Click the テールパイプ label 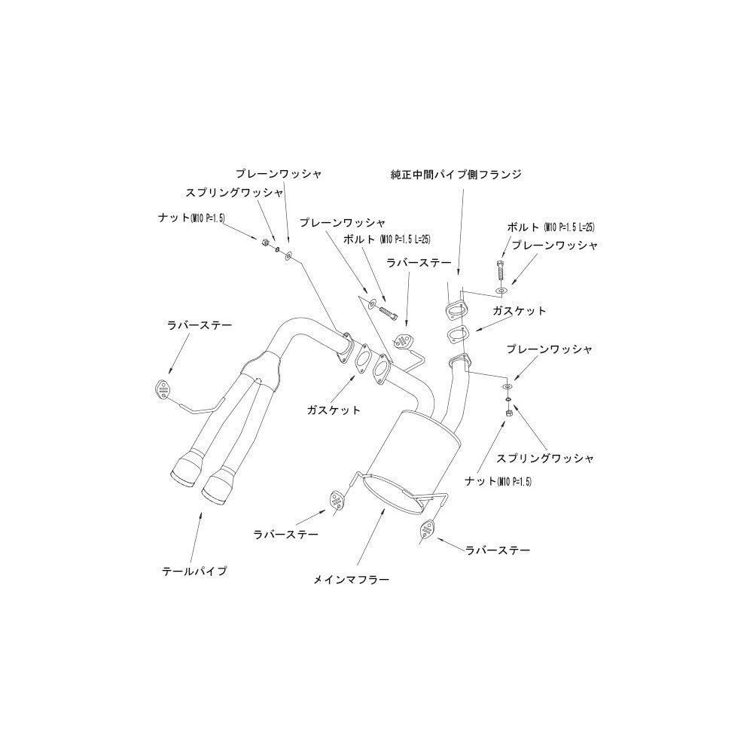tap(194, 572)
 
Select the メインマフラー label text tap(351, 580)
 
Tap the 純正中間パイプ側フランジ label tap(456, 175)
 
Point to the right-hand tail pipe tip tap(219, 488)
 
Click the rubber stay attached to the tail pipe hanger tap(163, 389)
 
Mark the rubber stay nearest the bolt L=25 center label tap(401, 341)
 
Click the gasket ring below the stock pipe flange tap(457, 334)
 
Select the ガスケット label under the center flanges tap(334, 410)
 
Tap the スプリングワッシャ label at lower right tap(545, 458)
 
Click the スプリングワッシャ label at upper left tap(235, 193)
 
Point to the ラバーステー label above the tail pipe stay tap(200, 325)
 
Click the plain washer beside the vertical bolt tap(501, 291)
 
